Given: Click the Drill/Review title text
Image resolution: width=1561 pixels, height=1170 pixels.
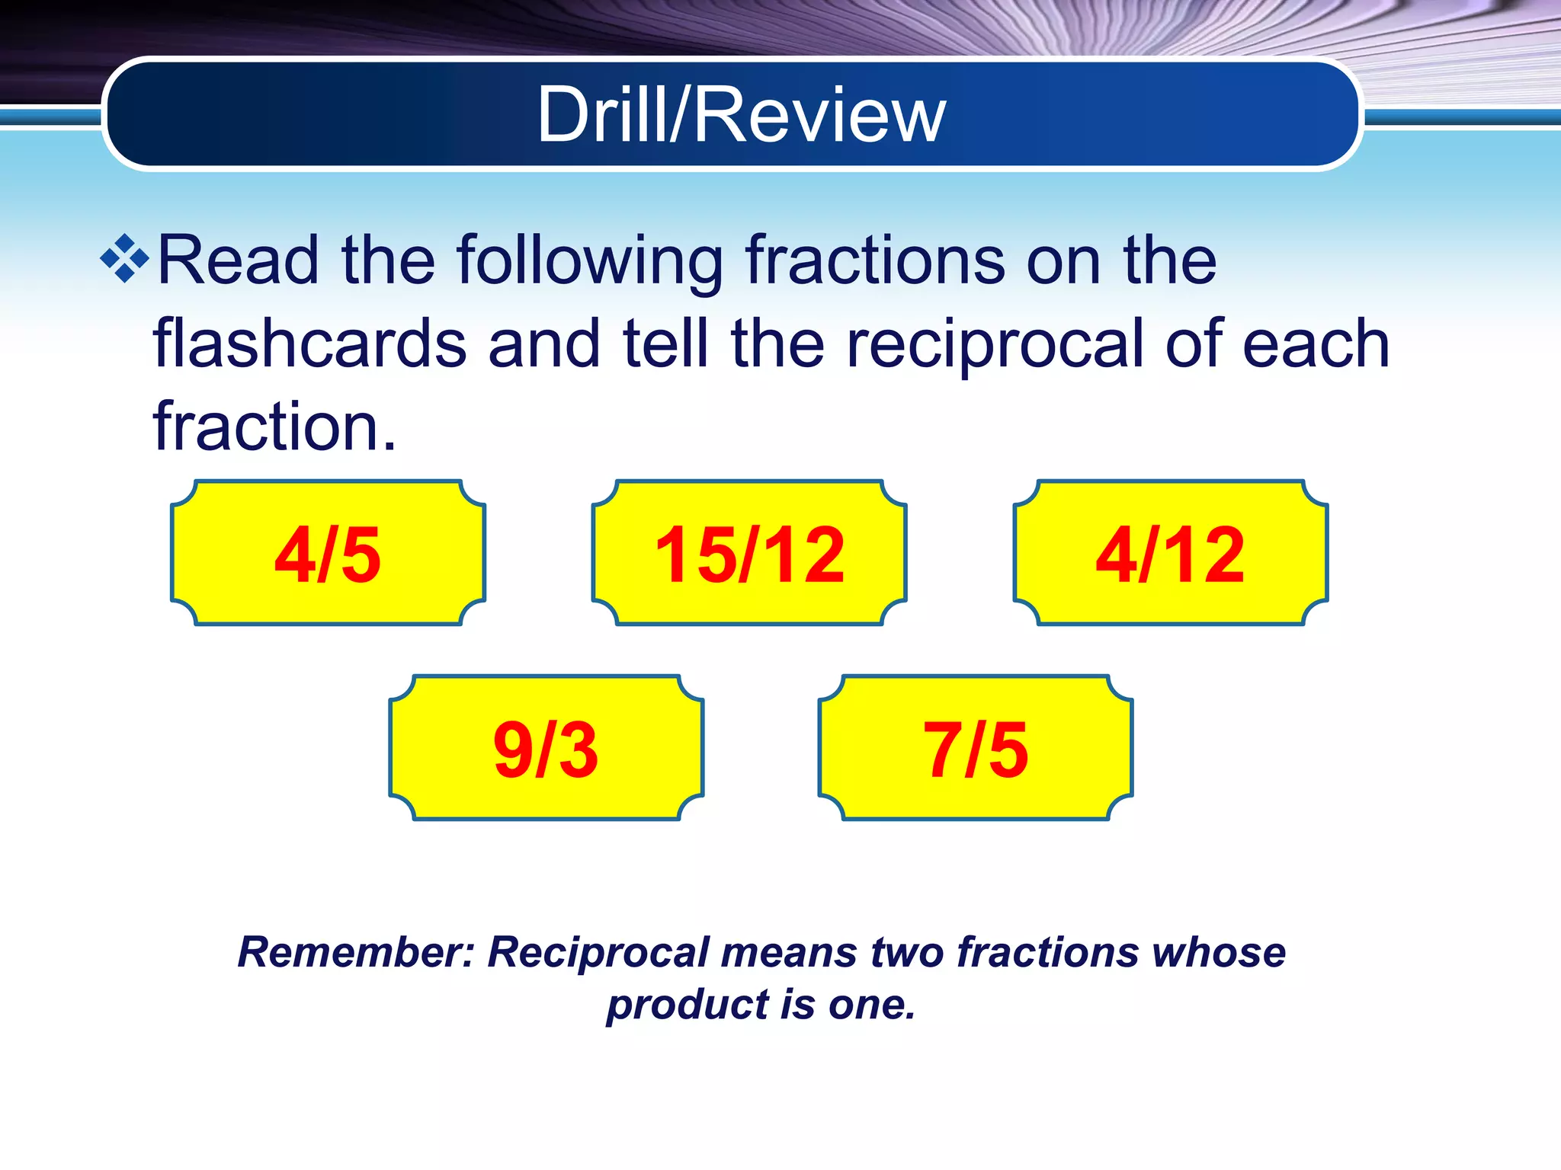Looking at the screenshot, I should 741,114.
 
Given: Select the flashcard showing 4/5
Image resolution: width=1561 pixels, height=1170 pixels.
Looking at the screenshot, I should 328,554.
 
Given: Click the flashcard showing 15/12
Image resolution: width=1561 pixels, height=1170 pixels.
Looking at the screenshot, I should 749,554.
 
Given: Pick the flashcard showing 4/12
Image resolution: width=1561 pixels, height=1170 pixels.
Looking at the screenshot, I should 1171,554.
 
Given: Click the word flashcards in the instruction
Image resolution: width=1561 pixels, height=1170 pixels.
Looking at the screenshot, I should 309,344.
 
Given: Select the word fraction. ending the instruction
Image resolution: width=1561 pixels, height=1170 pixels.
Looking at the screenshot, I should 274,427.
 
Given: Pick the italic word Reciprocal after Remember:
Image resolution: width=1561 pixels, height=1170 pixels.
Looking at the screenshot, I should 598,953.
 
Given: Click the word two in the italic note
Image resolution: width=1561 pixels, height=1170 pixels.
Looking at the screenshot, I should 907,952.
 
